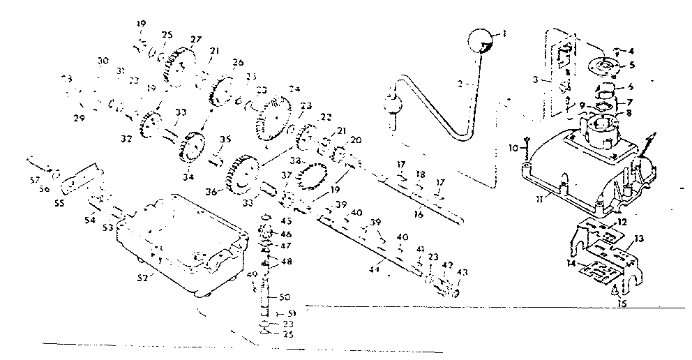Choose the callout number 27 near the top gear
[x=195, y=40]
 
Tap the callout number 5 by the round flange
[x=631, y=65]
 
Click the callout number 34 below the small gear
[x=188, y=177]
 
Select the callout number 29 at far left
[x=79, y=119]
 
